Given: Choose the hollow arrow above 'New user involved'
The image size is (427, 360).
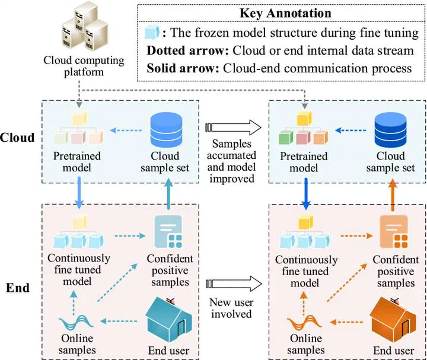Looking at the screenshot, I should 233,283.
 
